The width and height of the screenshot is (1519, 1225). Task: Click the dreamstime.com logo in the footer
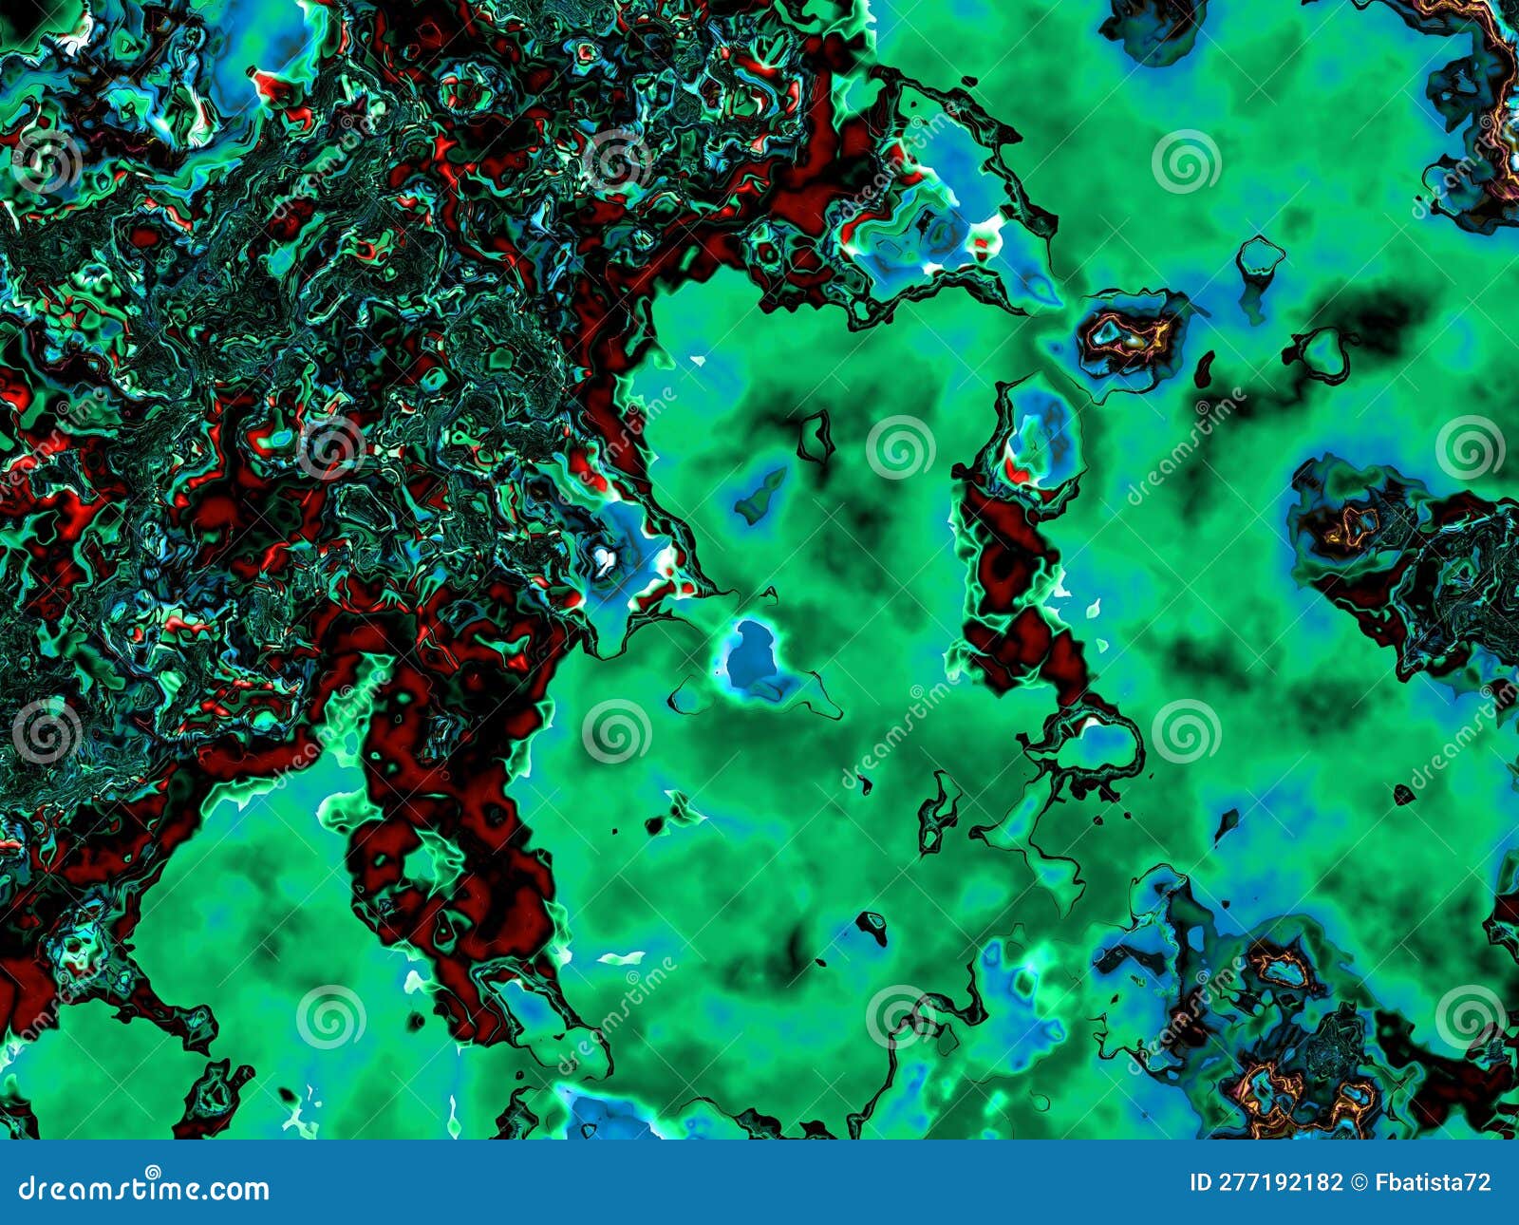144,1189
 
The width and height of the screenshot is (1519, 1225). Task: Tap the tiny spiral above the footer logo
153,1172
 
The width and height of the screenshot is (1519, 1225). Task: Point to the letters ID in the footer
1200,1182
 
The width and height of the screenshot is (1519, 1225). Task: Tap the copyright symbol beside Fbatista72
1359,1182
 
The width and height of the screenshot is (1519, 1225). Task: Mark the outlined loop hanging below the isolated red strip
1101,741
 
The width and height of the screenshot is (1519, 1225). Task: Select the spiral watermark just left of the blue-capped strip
899,446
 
